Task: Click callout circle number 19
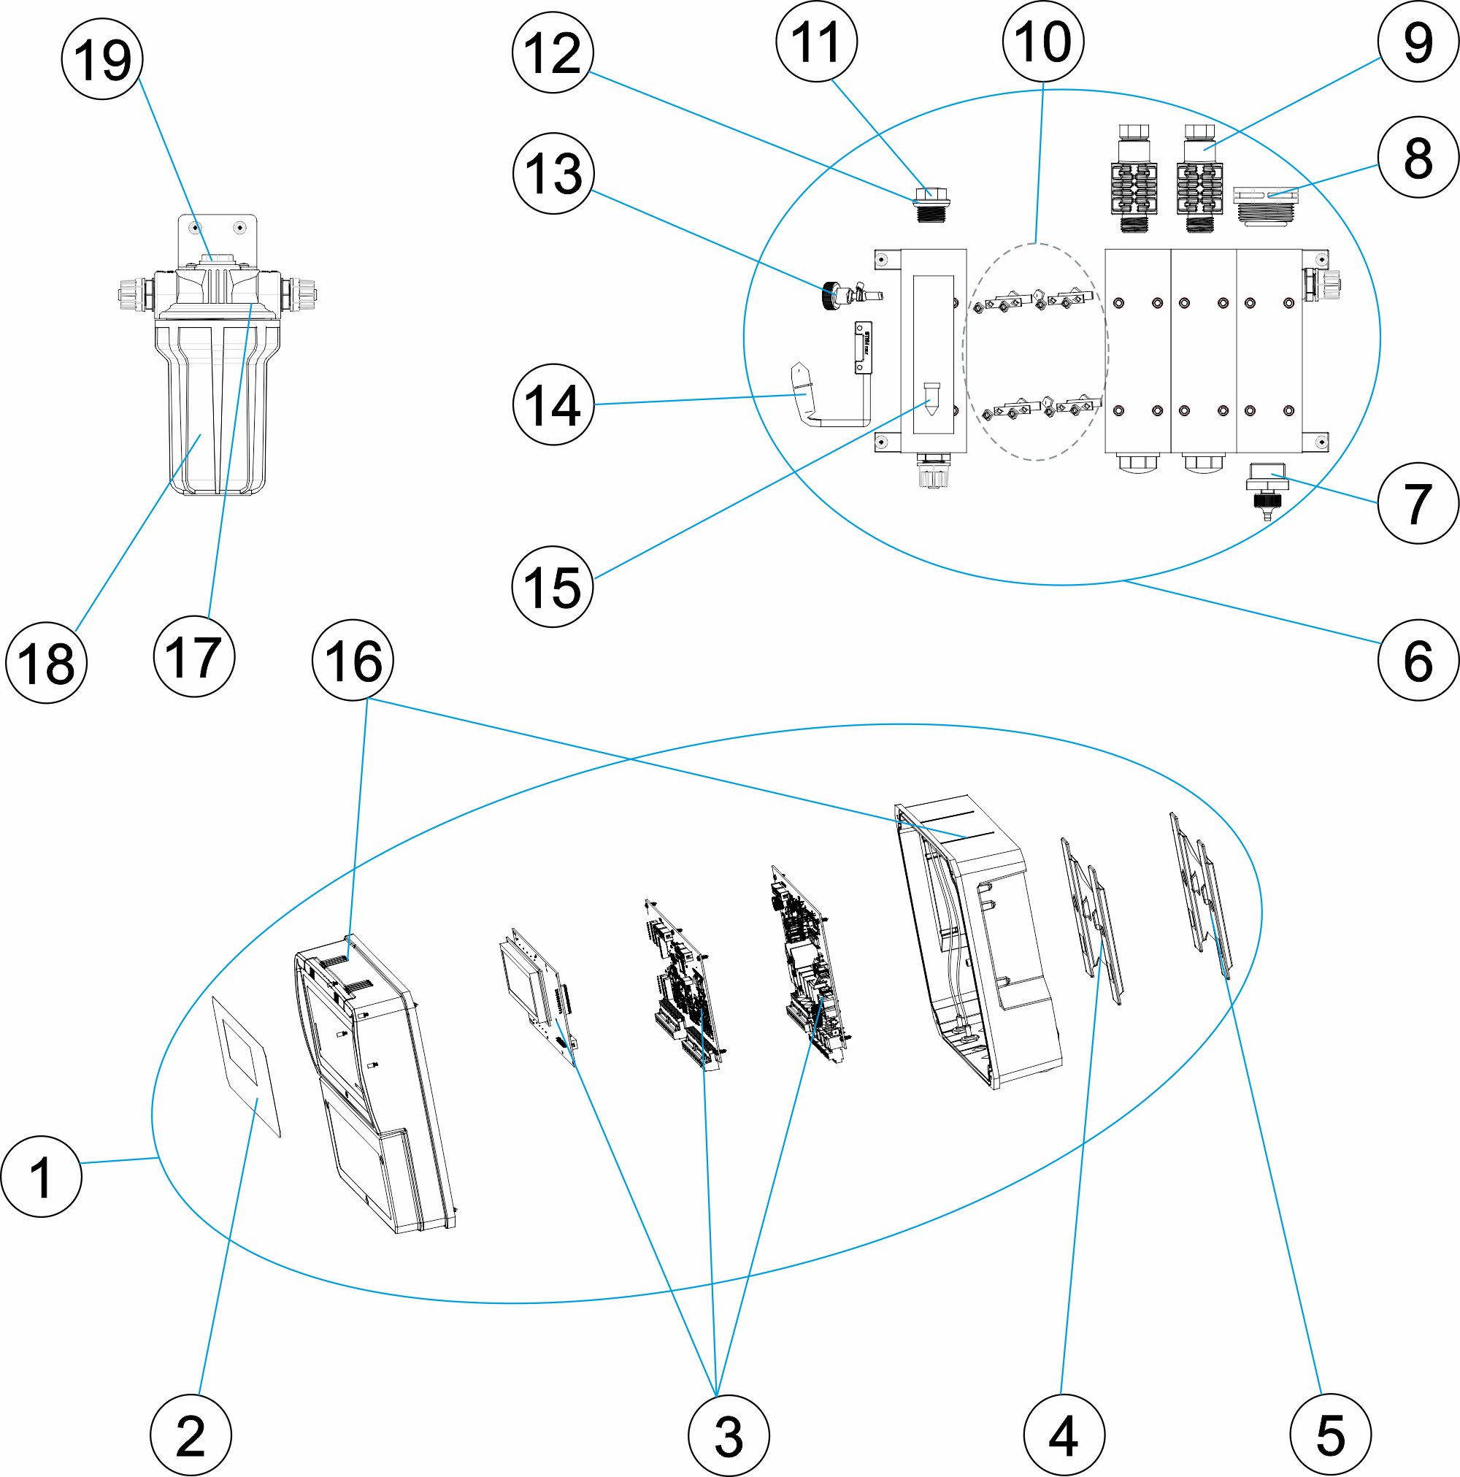101,59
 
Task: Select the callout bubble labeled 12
553,52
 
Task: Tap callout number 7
1418,503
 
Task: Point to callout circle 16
353,660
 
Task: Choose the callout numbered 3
729,1435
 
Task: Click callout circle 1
42,1175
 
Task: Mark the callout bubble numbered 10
1042,42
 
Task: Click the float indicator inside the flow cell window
931,397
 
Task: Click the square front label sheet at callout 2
246,1065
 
